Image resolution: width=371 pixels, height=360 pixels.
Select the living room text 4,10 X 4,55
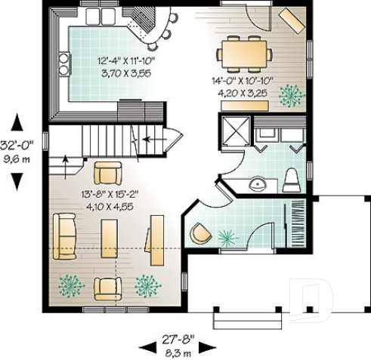point(111,205)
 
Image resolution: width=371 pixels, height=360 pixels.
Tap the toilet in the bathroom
point(292,180)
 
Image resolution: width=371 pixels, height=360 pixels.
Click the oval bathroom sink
point(258,183)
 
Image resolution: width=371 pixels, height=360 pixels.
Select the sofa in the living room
point(64,236)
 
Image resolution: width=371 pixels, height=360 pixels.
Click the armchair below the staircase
point(107,172)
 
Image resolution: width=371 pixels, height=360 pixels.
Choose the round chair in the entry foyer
point(200,235)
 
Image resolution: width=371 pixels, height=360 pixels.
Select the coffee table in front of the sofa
point(110,238)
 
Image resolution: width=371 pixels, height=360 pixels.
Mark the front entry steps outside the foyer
point(240,321)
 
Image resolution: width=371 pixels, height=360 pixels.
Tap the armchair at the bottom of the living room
point(107,288)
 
